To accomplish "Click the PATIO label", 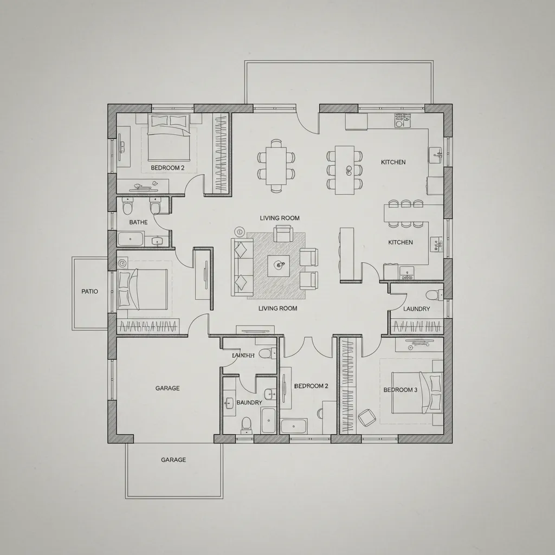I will [x=89, y=292].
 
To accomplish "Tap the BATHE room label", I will [x=138, y=222].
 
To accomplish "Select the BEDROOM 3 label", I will [x=401, y=390].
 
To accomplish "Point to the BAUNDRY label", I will [x=249, y=403].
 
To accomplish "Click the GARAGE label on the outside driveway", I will [x=173, y=460].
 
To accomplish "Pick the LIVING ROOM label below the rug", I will [x=277, y=308].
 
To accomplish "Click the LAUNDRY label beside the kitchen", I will [x=417, y=309].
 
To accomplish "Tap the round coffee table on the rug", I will [x=280, y=265].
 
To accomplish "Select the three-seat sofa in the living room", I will [x=241, y=267].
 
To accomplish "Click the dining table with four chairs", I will [x=276, y=165].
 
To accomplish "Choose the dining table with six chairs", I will [x=344, y=170].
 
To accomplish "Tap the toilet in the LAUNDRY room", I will [x=433, y=295].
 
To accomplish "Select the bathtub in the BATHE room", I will [x=131, y=239].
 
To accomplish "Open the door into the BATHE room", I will [x=162, y=222].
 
